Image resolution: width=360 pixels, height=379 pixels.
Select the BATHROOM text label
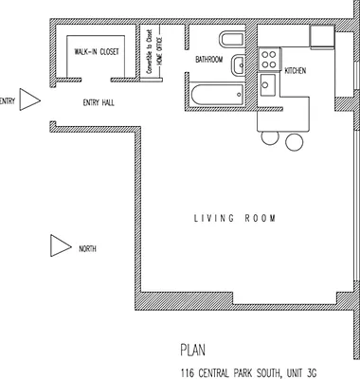pyautogui.click(x=208, y=60)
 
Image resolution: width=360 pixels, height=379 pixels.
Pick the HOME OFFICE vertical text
pyautogui.click(x=158, y=48)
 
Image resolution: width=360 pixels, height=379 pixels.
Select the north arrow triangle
pyautogui.click(x=60, y=247)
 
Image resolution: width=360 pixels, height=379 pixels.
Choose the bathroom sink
pyautogui.click(x=239, y=64)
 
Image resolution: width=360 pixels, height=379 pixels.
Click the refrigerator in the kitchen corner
pyautogui.click(x=323, y=36)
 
